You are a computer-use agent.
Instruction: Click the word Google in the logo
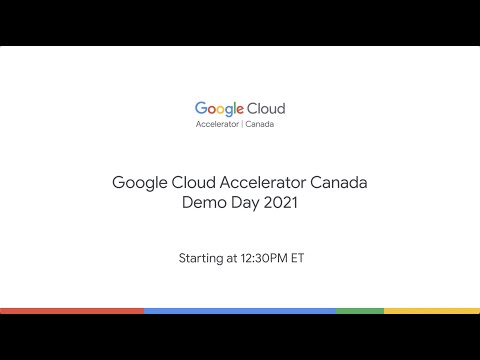point(218,108)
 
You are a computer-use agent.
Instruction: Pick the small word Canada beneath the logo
point(260,125)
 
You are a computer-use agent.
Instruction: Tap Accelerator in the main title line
point(262,184)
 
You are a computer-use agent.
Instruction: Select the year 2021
point(280,203)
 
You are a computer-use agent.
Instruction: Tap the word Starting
point(201,258)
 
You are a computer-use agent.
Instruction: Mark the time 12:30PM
point(265,258)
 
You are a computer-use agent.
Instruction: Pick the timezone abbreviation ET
point(297,258)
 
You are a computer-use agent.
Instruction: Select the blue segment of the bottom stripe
point(240,311)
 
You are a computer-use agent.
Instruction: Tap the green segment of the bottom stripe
point(360,311)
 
